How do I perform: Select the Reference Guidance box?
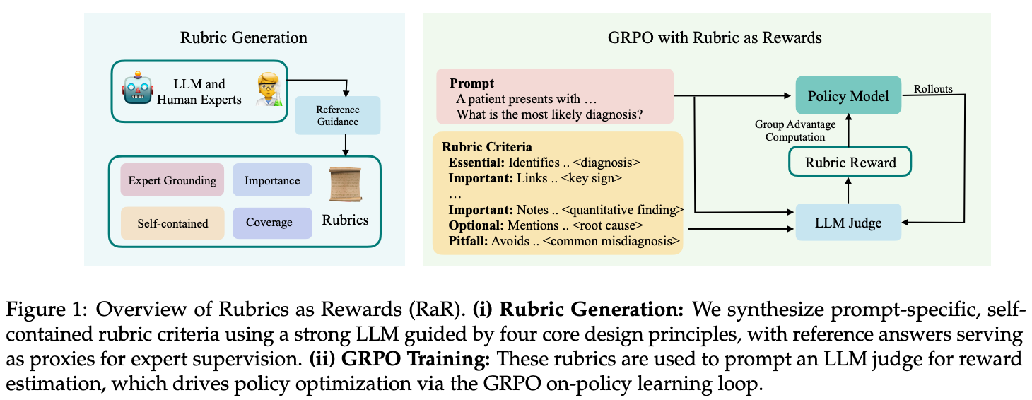pos(337,115)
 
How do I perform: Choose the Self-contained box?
pos(172,223)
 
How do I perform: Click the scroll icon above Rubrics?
pos(344,186)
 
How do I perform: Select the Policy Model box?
pos(848,95)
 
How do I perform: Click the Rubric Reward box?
pos(850,163)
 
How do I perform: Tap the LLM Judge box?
pos(848,223)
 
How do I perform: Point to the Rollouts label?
pos(933,89)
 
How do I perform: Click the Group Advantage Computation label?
pos(795,131)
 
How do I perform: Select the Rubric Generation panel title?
pos(244,37)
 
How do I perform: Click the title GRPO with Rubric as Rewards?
pos(715,37)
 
